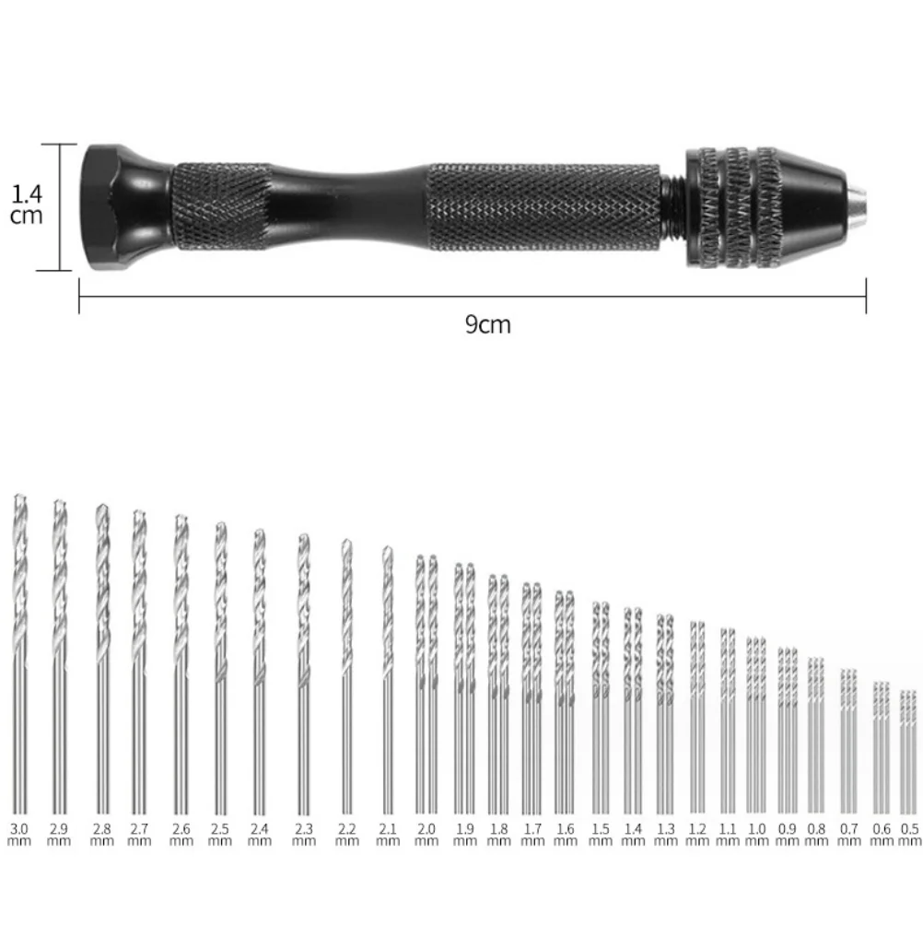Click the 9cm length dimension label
[487, 325]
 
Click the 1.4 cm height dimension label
[27, 205]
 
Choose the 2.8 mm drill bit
[101, 645]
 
